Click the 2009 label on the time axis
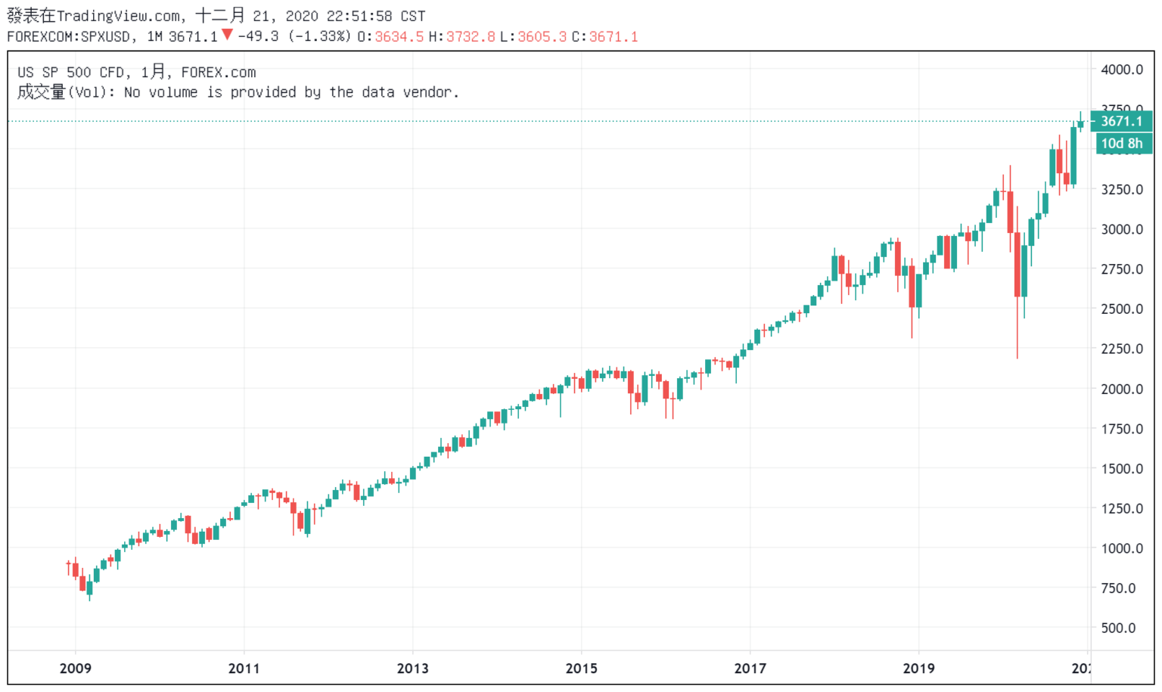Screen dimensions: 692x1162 [x=75, y=668]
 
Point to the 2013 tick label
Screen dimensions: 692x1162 [x=412, y=668]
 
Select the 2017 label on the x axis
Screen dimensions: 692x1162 [x=750, y=668]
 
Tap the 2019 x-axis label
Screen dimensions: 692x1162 [x=918, y=668]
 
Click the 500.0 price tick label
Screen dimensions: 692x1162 [x=1118, y=628]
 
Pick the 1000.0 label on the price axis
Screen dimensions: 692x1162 [x=1121, y=548]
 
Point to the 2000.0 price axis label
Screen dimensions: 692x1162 [x=1121, y=389]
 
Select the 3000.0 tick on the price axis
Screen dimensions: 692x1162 [x=1121, y=229]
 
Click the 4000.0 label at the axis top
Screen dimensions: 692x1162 [x=1121, y=70]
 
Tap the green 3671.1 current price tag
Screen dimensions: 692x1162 [x=1121, y=121]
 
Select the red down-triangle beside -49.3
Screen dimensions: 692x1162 [x=227, y=35]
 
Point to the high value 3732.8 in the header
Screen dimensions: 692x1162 [x=470, y=36]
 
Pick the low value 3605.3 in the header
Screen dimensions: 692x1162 [x=542, y=36]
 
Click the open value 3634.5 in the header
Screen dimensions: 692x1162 [x=399, y=36]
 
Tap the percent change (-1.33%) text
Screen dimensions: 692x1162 [x=319, y=36]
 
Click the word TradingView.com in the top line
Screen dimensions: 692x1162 [x=118, y=16]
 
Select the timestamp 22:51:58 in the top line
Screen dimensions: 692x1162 [x=359, y=16]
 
